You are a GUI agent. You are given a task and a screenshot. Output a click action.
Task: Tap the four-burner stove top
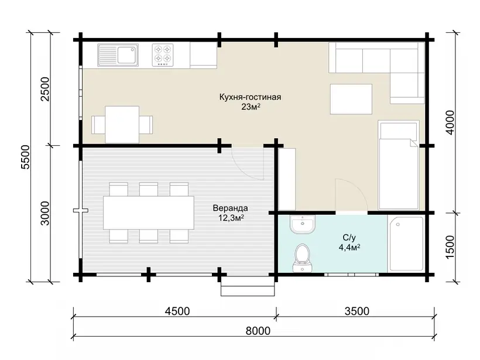coord(163,55)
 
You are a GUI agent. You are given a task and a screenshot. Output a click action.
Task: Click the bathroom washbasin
coord(302,224)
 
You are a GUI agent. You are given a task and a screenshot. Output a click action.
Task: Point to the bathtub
coord(406,244)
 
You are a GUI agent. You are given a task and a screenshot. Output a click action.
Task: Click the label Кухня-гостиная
coord(250,97)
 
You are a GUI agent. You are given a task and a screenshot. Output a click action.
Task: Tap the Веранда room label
coord(230,208)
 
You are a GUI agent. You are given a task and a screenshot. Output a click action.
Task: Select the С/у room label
coord(349,238)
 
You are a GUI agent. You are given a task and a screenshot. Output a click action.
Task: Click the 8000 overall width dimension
coord(258,331)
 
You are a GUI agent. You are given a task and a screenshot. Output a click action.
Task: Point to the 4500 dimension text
coord(177,311)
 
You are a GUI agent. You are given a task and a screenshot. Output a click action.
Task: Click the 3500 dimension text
coord(357,311)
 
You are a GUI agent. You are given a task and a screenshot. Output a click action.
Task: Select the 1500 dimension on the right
coord(450,247)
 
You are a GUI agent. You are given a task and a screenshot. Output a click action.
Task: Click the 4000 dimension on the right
coord(450,122)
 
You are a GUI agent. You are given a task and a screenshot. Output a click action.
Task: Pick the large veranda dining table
coord(149,212)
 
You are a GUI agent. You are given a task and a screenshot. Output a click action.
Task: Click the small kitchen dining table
coord(122,125)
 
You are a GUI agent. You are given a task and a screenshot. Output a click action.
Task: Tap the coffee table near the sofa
coord(351,99)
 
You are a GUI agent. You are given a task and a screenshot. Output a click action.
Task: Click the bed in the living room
coord(398,165)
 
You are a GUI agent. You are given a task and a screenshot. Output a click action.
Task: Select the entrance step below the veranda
coord(248,289)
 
